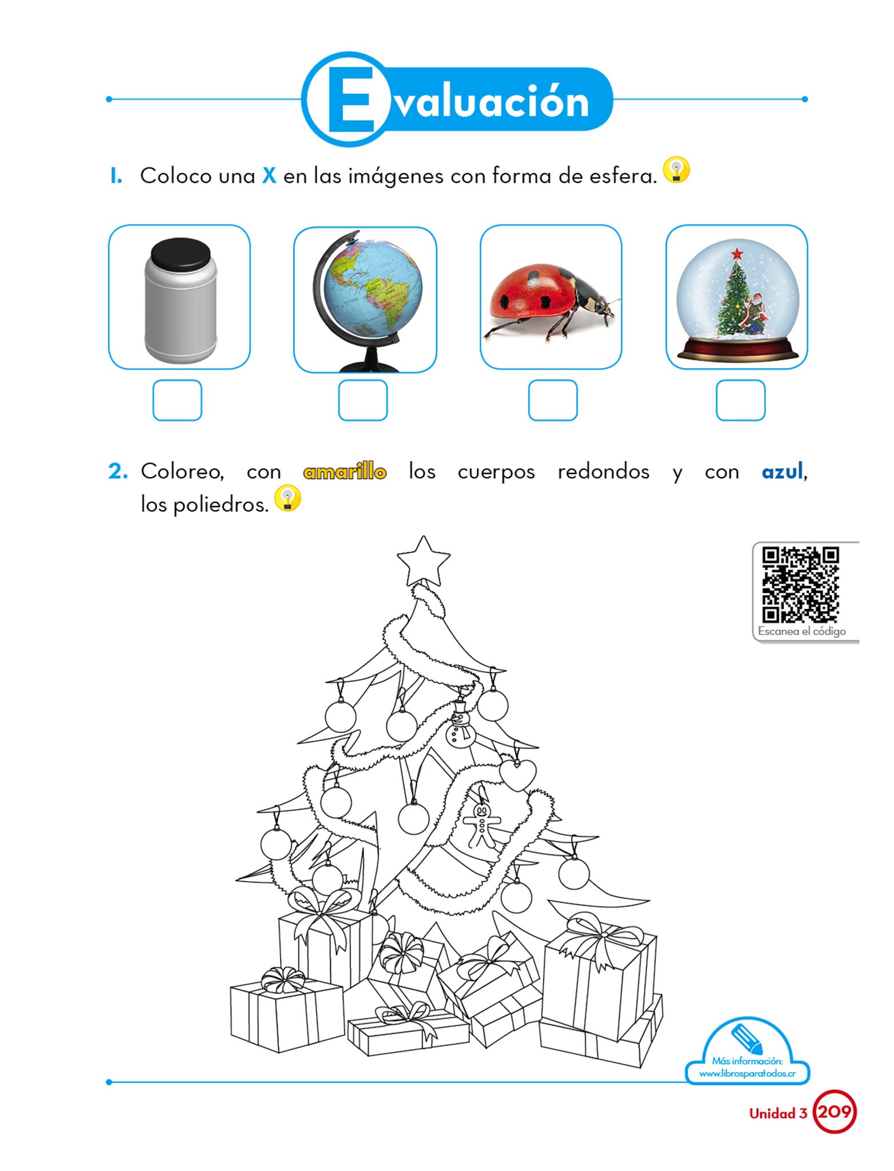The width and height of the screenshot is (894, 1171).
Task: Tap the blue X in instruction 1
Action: click(x=269, y=176)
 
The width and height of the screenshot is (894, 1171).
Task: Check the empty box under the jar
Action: click(x=177, y=400)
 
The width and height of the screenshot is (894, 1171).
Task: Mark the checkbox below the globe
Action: click(x=363, y=400)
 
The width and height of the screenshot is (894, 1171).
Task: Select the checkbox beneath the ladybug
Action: click(x=553, y=400)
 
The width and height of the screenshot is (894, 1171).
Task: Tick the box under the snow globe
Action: click(x=740, y=400)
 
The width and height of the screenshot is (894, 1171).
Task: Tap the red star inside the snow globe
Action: click(x=737, y=253)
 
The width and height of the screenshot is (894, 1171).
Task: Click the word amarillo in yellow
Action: click(x=345, y=472)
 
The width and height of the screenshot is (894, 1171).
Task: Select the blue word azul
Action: click(x=783, y=472)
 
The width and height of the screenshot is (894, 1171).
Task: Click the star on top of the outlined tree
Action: click(x=423, y=561)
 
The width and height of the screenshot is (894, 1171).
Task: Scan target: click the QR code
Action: click(x=800, y=584)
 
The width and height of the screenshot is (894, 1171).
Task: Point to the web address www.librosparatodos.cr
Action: click(x=748, y=1074)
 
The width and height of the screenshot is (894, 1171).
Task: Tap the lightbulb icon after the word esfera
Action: click(x=677, y=170)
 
